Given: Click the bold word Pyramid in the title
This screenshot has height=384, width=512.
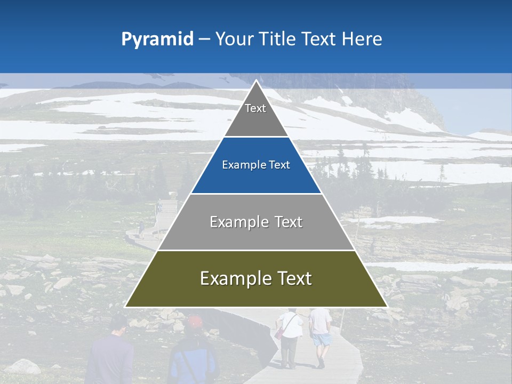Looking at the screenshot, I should tap(157, 39).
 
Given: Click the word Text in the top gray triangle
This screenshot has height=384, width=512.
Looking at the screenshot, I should tap(255, 108).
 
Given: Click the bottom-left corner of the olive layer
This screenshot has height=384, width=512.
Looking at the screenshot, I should tap(125, 307).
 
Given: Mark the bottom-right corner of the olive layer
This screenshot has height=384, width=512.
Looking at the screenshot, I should tap(387, 307).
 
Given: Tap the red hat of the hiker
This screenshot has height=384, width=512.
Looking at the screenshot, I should tap(195, 322).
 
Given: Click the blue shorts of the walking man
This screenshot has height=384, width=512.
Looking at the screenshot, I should tap(321, 339).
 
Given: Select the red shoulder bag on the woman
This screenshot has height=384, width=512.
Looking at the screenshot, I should tap(279, 333).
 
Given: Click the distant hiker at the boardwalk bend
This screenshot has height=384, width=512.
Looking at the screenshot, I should tap(141, 229).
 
